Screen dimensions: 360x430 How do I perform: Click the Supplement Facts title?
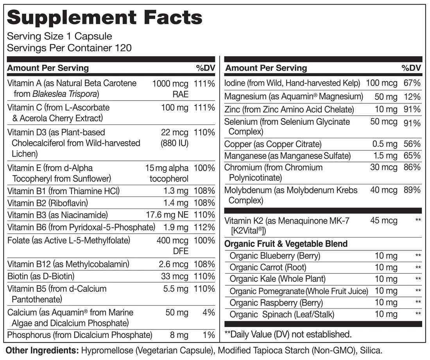pos(105,18)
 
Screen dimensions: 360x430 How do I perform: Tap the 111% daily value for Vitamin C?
pos(204,107)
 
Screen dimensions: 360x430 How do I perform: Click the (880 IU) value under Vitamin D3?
pos(174,143)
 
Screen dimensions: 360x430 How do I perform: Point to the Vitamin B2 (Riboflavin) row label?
pos(48,203)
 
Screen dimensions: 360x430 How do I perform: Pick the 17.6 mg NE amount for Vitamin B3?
pos(167,215)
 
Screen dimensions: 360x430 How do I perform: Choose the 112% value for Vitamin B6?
pos(204,227)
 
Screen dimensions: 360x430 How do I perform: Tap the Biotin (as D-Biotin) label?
pos(41,276)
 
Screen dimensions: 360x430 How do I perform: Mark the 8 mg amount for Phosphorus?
pos(179,335)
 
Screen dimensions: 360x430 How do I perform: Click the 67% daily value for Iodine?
pos(412,83)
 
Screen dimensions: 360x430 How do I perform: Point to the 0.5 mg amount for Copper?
pos(385,144)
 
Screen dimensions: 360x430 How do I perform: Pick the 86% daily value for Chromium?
pos(412,167)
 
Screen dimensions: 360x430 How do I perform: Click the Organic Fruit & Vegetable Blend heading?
pos(286,244)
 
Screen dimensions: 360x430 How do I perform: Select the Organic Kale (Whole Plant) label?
pos(278,279)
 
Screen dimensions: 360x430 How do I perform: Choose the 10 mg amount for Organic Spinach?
pos(386,314)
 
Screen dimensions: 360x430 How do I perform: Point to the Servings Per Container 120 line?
pos(70,48)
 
